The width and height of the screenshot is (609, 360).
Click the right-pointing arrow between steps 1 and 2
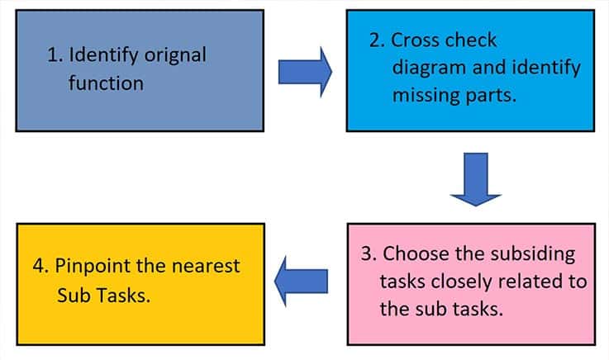pos(304,72)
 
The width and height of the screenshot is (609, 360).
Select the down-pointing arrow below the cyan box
pos(475,178)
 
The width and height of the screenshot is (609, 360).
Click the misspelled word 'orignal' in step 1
pos(174,57)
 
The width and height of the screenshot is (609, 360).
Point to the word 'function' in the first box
pos(107,83)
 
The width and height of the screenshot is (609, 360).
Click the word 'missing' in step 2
pos(421,94)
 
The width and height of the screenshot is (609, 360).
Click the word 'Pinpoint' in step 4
pos(91,267)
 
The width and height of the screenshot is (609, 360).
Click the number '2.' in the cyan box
pos(378,40)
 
